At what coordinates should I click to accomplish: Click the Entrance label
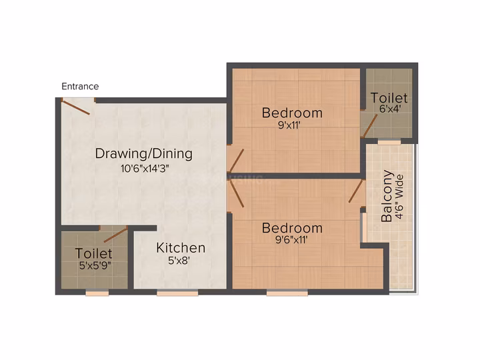pos(80,86)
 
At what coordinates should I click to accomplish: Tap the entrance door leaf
pos(75,107)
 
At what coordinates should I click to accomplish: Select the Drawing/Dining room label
pos(144,154)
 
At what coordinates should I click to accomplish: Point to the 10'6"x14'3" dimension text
pos(145,169)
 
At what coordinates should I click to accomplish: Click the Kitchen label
pos(181,248)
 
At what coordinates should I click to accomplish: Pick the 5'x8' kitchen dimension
pos(179,261)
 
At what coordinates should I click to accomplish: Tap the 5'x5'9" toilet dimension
pos(95,265)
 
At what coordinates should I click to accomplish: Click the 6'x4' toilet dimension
pos(390,109)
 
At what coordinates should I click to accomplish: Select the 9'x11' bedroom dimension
pos(289,125)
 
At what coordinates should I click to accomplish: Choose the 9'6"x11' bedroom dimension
pos(291,240)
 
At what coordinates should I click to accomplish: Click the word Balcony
pos(387,196)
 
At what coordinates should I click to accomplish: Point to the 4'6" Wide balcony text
pos(399,197)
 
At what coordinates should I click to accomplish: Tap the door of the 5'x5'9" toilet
pos(115,235)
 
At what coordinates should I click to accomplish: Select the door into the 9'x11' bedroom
pos(237,161)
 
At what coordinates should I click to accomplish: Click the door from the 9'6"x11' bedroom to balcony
pos(356,191)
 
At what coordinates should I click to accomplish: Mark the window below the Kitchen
pos(177,293)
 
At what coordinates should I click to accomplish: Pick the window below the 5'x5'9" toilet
pos(97,293)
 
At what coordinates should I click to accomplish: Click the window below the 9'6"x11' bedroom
pos(287,293)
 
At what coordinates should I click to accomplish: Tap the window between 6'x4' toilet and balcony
pos(389,142)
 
